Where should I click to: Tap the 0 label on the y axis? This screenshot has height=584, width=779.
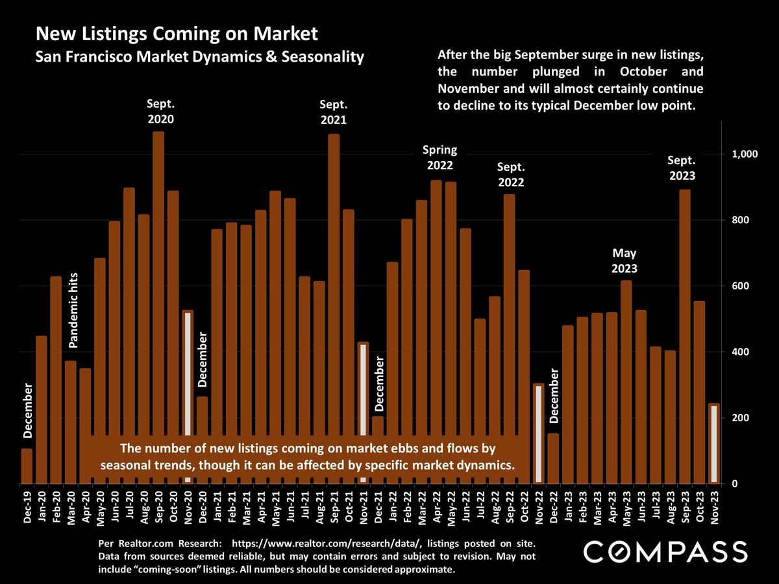(x=736, y=484)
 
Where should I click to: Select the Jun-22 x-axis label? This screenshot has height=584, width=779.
(x=465, y=507)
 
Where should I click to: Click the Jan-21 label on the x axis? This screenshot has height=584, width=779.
(x=217, y=507)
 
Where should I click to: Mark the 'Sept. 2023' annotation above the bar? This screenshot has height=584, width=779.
(x=682, y=169)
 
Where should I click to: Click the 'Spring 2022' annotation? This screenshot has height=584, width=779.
(x=439, y=158)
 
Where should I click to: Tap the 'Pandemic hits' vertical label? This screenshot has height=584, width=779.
(x=73, y=310)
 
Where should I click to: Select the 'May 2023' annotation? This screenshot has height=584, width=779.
(x=624, y=260)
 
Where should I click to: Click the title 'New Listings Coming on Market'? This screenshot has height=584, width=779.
(x=177, y=34)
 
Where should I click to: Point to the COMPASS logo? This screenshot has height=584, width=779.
(x=665, y=553)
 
